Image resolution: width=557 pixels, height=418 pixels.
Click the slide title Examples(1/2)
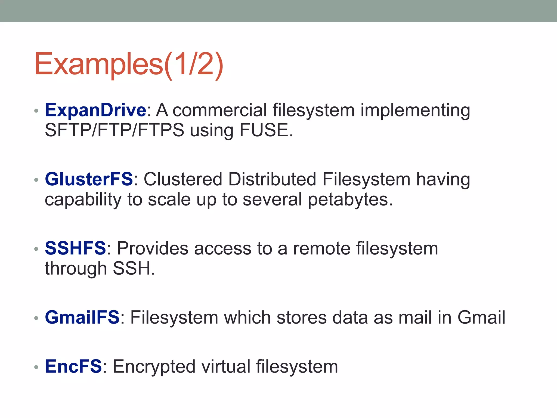(129, 64)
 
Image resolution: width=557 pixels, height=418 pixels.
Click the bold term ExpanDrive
(96, 110)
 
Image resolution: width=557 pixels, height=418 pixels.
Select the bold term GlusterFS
(89, 179)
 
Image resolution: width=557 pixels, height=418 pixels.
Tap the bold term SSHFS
(75, 248)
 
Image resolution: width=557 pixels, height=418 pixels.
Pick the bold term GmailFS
(82, 317)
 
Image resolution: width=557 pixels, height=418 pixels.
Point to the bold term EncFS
(73, 366)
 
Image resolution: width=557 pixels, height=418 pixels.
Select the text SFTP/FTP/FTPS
(115, 130)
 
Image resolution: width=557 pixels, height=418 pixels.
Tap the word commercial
(219, 110)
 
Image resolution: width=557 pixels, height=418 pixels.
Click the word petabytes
(350, 199)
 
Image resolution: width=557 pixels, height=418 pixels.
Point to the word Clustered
(183, 179)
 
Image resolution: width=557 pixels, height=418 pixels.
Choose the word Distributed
(272, 179)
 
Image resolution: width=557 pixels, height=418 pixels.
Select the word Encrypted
(154, 367)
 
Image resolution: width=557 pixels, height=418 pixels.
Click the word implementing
(415, 111)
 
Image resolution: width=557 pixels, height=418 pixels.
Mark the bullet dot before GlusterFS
(36, 180)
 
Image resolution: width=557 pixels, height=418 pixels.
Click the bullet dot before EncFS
(36, 367)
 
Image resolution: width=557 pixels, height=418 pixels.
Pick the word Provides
(152, 248)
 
